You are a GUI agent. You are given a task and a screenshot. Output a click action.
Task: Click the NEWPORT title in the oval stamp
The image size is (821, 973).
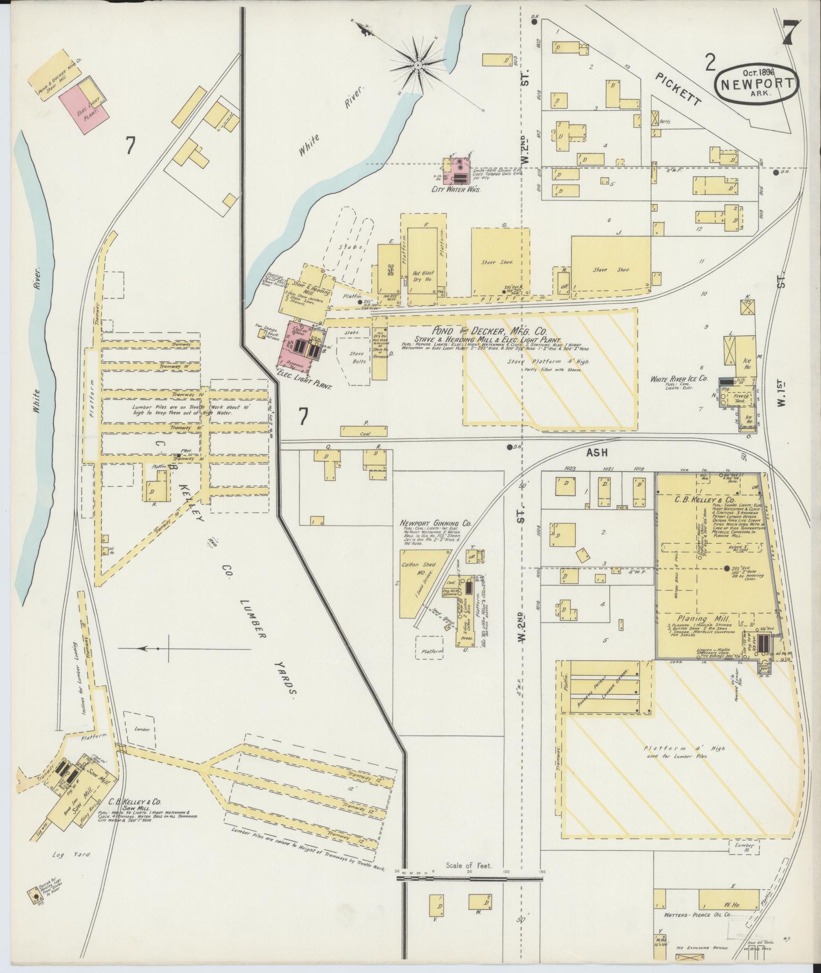pyautogui.click(x=756, y=84)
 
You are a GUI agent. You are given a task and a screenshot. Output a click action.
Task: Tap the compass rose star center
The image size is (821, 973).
pyautogui.click(x=418, y=65)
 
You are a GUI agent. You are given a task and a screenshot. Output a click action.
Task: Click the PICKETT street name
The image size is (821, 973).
pyautogui.click(x=678, y=89)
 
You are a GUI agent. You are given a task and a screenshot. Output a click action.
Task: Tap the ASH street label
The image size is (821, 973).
pyautogui.click(x=597, y=452)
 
